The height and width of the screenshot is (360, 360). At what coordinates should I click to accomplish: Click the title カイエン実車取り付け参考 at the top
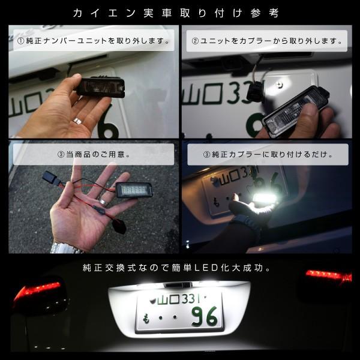pos(180,13)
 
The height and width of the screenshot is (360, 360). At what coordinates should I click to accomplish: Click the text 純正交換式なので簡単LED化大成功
pos(179,267)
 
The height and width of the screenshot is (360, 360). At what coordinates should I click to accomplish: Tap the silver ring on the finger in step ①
pos(76,122)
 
